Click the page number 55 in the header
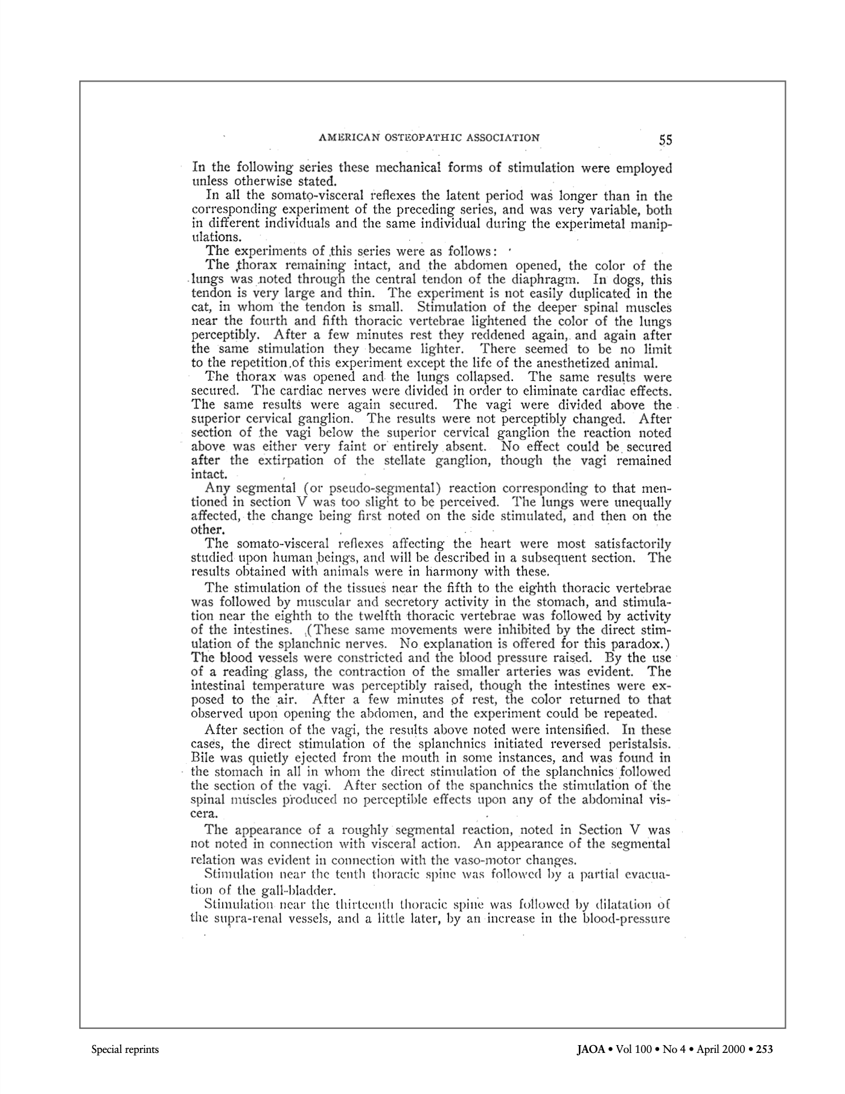coord(665,140)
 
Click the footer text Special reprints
coord(125,1049)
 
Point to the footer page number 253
coord(764,1049)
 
